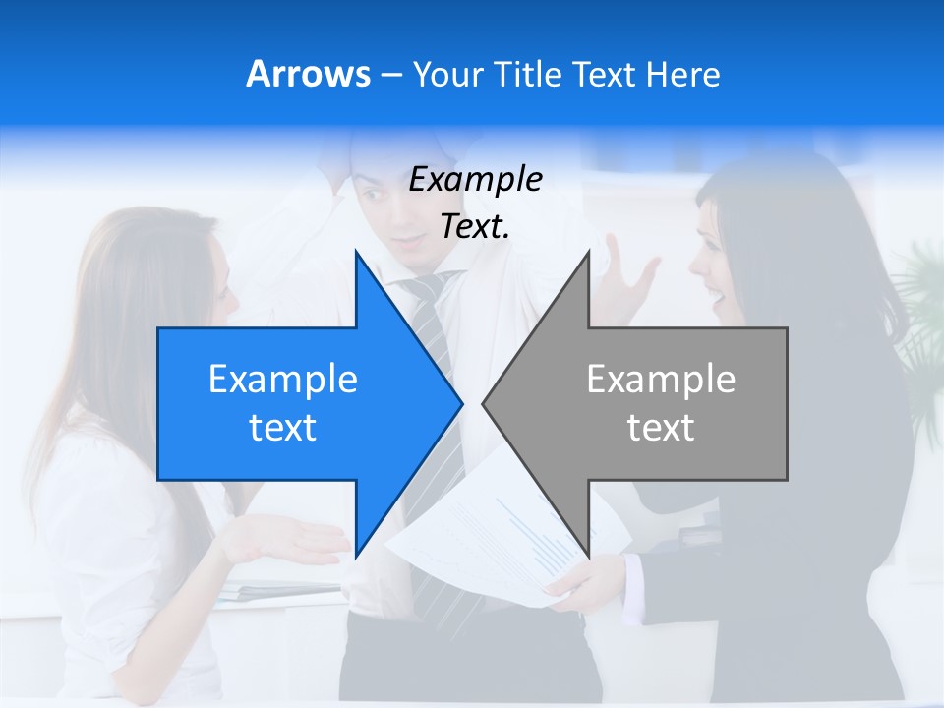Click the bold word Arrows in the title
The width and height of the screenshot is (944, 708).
pyautogui.click(x=308, y=74)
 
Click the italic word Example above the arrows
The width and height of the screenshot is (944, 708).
pyautogui.click(x=475, y=180)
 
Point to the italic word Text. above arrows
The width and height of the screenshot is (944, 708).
pyautogui.click(x=475, y=226)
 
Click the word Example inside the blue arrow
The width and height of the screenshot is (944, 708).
pyautogui.click(x=283, y=379)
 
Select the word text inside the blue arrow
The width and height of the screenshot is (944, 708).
pyautogui.click(x=283, y=428)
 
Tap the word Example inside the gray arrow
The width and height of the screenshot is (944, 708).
pyautogui.click(x=661, y=379)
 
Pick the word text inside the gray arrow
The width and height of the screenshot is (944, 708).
pyautogui.click(x=661, y=428)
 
